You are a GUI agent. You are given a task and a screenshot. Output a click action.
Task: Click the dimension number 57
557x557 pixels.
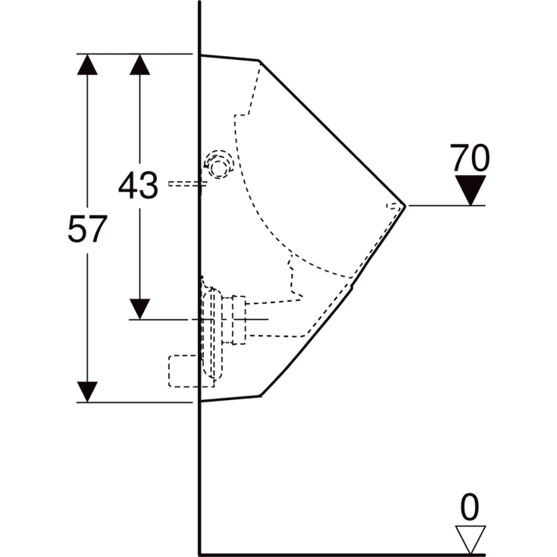[x=88, y=230]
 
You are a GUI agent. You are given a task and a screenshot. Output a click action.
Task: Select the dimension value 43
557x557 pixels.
[x=138, y=186]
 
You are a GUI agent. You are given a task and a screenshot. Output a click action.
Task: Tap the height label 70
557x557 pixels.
[x=470, y=158]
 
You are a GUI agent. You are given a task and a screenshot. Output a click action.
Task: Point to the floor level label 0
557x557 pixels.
[x=471, y=507]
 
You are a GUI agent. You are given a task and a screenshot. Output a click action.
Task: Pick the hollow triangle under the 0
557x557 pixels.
[x=471, y=539]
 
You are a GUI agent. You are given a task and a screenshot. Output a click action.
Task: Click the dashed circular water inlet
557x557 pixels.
[x=218, y=164]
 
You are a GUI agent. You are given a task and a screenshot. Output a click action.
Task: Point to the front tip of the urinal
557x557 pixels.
[x=406, y=205]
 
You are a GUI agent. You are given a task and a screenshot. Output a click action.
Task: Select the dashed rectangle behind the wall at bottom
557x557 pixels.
[x=183, y=371]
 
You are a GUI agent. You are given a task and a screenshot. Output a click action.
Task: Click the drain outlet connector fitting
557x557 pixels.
[x=237, y=320]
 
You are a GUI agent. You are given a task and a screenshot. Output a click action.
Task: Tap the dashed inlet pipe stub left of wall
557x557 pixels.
[x=183, y=183]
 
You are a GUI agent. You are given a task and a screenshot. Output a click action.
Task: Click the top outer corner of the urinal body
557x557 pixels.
[x=259, y=60]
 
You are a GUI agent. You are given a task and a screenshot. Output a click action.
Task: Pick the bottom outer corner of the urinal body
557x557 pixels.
[x=260, y=395]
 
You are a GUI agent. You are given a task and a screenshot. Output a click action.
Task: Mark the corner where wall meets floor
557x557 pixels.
[x=199, y=554]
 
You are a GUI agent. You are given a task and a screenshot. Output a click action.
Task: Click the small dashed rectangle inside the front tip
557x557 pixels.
[x=393, y=205]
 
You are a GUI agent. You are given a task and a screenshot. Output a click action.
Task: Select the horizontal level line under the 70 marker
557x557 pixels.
[x=447, y=205]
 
